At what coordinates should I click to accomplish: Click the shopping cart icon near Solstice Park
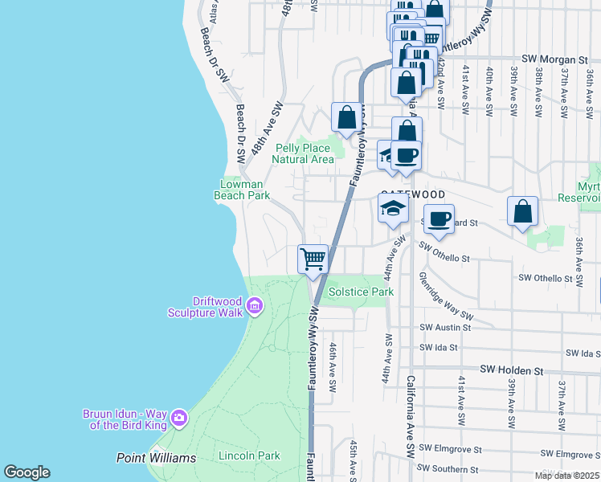coord(313,259)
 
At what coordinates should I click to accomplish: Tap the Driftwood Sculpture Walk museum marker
coord(255,304)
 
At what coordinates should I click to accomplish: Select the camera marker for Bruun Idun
coord(178,417)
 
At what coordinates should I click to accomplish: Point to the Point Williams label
coord(156,458)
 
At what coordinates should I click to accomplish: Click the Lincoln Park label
coord(249,456)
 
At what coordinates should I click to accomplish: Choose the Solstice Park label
coord(361,292)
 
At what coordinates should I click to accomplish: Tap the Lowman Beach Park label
coord(245,190)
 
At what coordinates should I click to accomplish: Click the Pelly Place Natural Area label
coord(305,153)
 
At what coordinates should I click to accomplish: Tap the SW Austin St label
coord(445,328)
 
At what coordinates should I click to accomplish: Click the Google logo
coord(27,472)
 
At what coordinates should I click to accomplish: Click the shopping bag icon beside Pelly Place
coord(347,117)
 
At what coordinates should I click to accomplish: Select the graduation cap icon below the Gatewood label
coord(392,209)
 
